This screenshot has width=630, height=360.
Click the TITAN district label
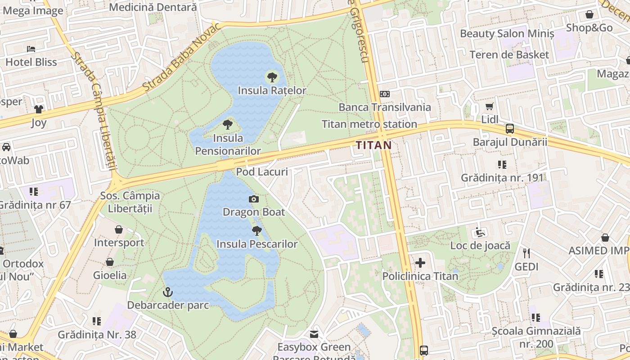coord(373,145)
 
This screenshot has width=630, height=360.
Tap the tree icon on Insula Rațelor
coord(272,77)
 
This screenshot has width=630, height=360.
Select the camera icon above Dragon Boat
coord(254,199)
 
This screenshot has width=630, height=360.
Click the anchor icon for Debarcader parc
coord(168,292)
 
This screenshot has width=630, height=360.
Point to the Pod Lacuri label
coord(262,171)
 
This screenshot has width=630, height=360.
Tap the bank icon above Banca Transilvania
coord(385,94)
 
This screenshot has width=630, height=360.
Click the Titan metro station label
coord(369,124)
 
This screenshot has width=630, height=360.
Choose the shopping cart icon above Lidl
coord(490,107)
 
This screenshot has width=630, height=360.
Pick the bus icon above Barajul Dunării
coord(510,129)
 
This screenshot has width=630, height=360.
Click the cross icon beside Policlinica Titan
coord(420,262)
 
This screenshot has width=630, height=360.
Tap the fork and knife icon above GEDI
coord(526,253)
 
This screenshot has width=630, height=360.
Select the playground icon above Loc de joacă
coord(480,232)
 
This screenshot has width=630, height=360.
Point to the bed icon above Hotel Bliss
coord(31,49)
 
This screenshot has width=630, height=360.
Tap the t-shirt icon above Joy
coord(39,109)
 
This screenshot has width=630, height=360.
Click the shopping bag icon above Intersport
coord(119,229)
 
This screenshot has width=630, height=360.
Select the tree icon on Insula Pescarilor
coord(257,231)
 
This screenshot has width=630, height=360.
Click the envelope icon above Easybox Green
coord(314,334)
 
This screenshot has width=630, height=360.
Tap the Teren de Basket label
coord(509,55)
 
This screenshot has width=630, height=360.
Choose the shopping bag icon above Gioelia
coord(110,262)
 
